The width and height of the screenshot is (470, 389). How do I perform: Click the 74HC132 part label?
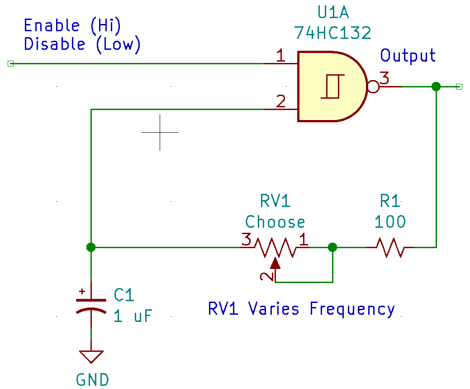tap(332, 33)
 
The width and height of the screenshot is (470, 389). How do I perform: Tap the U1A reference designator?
tap(333, 13)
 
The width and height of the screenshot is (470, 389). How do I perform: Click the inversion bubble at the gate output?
tap(373, 86)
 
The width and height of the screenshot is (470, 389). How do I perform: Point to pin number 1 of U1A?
tap(280, 56)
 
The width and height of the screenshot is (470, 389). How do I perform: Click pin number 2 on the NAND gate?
tap(280, 102)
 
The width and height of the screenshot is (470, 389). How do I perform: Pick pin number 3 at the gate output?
tap(384, 78)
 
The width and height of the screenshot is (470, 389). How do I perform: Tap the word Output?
tap(408, 55)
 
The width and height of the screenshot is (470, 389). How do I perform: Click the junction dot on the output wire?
tap(436, 86)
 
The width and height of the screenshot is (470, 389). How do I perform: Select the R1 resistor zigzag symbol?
tap(389, 247)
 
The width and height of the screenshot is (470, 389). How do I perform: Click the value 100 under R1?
tap(390, 222)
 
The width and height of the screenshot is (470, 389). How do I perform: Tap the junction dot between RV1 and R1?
tap(332, 247)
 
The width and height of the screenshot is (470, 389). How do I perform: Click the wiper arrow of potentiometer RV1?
tap(275, 263)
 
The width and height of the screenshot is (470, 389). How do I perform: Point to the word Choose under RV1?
tap(275, 222)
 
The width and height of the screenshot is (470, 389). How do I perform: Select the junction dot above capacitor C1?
tap(91, 247)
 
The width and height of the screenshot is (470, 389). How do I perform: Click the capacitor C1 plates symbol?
tap(91, 305)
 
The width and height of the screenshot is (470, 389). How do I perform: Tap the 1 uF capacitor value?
tap(133, 316)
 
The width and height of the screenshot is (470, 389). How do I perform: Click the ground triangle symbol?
tap(91, 356)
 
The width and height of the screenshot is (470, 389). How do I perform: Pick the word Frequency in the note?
tap(352, 309)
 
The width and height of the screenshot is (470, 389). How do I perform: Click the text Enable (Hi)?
tap(72, 25)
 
